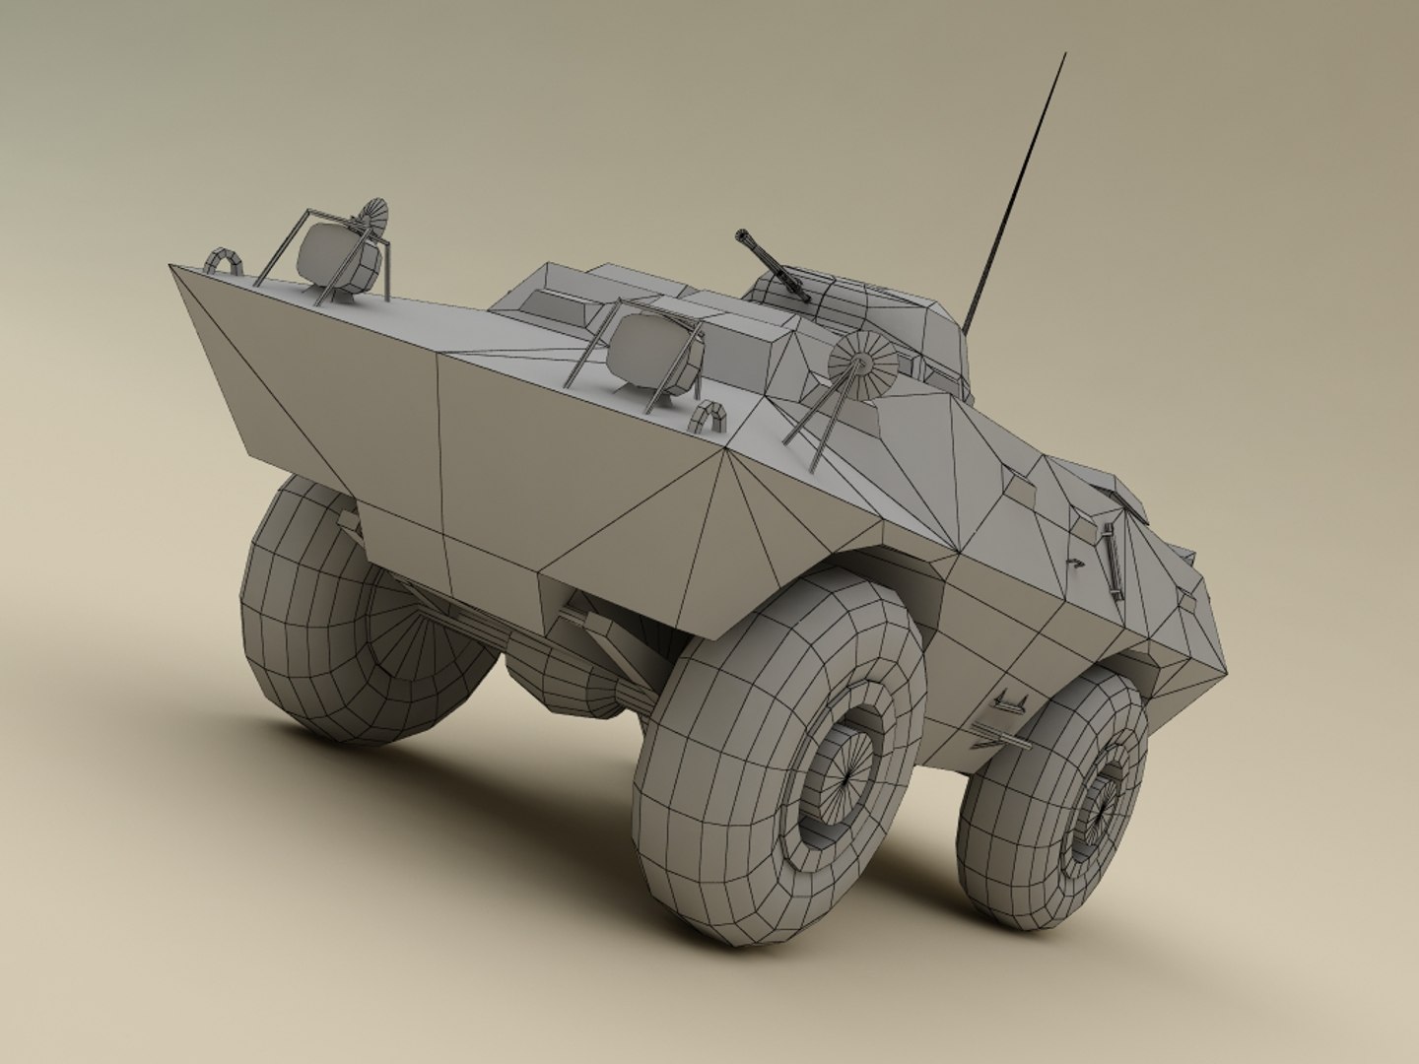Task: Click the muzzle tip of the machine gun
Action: click(x=738, y=235)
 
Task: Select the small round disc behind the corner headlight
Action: click(x=373, y=216)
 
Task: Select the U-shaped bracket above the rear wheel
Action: click(x=1011, y=700)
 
